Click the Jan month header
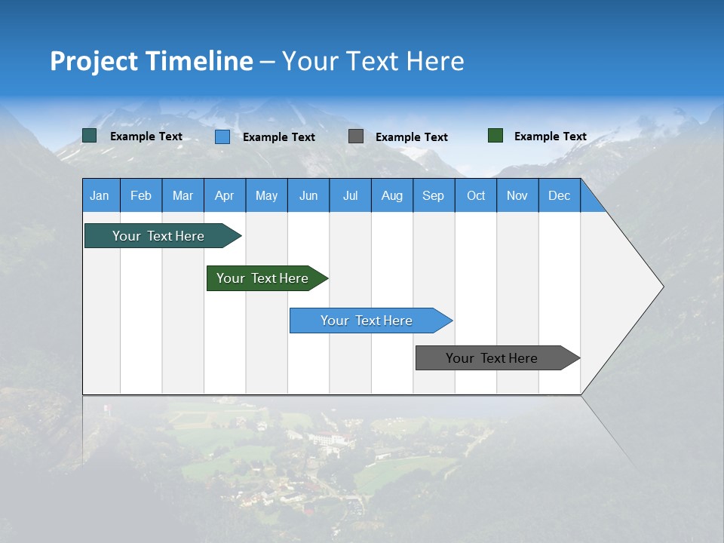pos(100,195)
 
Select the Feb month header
pos(141,195)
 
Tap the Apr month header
pos(224,195)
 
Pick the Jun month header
pos(308,195)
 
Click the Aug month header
pos(391,195)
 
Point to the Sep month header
pos(433,195)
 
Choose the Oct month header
pos(475,195)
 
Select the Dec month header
pos(559,195)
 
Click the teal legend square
pos(89,136)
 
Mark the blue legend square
pos(222,137)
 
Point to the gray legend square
pos(356,136)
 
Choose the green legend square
pos(495,136)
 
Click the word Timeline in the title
pos(198,61)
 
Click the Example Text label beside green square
pos(550,137)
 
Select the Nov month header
pos(517,195)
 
